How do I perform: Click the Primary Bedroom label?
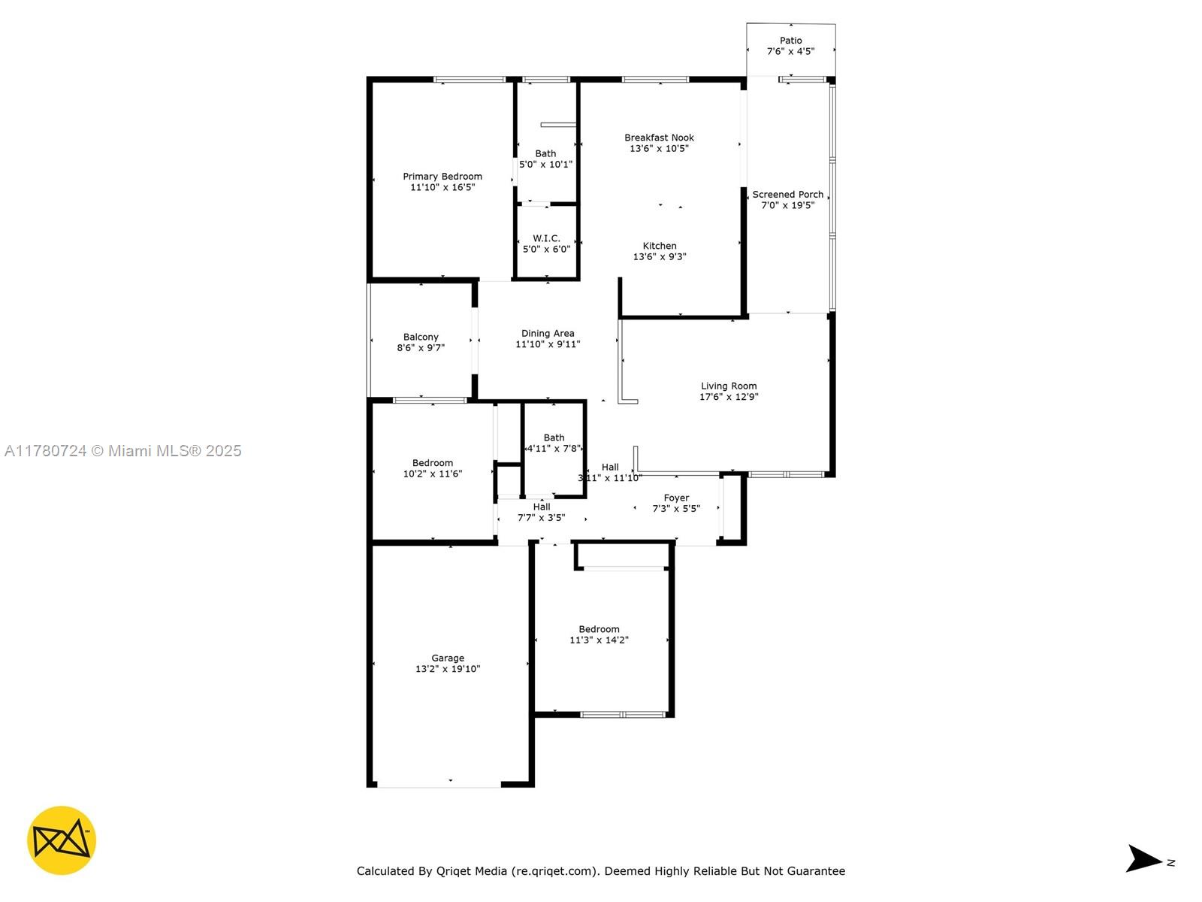442,177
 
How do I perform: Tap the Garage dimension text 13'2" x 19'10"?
448,669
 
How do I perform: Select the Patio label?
790,41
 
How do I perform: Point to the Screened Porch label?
787,195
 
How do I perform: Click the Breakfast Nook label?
659,138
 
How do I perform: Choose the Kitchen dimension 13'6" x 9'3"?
660,256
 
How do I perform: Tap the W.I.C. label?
546,238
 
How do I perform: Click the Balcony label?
421,337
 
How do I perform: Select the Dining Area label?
548,333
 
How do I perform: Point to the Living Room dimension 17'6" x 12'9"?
728,397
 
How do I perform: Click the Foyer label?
675,498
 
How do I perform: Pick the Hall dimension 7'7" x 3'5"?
541,518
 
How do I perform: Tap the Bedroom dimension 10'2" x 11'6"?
433,474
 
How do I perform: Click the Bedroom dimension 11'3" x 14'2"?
599,640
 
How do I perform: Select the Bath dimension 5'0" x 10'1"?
545,165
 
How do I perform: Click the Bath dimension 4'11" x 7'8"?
554,449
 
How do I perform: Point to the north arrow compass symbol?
1144,858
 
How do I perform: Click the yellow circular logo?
62,840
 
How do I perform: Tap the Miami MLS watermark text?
122,451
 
